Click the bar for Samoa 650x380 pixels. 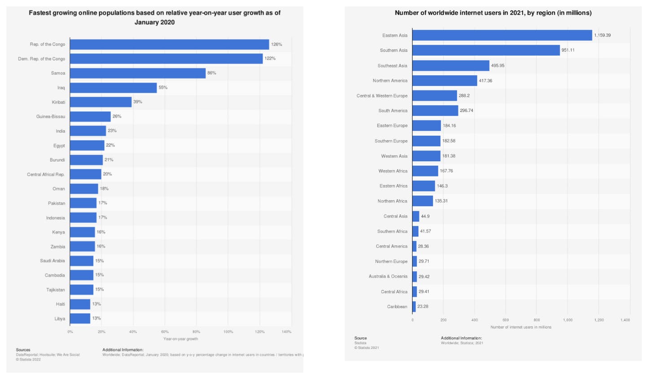pyautogui.click(x=137, y=73)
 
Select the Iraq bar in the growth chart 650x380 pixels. pyautogui.click(x=113, y=88)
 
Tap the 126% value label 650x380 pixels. pyautogui.click(x=277, y=44)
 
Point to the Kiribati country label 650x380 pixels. pyautogui.click(x=58, y=102)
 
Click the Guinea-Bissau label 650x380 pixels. pyautogui.click(x=51, y=117)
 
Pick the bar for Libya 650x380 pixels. pyautogui.click(x=80, y=318)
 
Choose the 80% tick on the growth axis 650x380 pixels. pyautogui.click(x=196, y=332)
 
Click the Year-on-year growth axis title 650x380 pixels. pyautogui.click(x=180, y=339)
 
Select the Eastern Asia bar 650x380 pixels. pyautogui.click(x=502, y=35)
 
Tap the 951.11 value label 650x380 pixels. pyautogui.click(x=568, y=50)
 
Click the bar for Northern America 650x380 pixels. pyautogui.click(x=444, y=81)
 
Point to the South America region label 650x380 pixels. pyautogui.click(x=393, y=111)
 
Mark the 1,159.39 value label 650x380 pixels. pyautogui.click(x=602, y=35)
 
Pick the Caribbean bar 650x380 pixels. pyautogui.click(x=414, y=307)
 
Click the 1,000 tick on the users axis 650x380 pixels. pyautogui.click(x=568, y=320)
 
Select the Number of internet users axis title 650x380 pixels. pyautogui.click(x=521, y=327)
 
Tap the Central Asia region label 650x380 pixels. pyautogui.click(x=395, y=217)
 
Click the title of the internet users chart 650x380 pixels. pyautogui.click(x=493, y=13)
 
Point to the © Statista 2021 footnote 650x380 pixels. pyautogui.click(x=366, y=348)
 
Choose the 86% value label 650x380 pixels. pyautogui.click(x=211, y=73)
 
